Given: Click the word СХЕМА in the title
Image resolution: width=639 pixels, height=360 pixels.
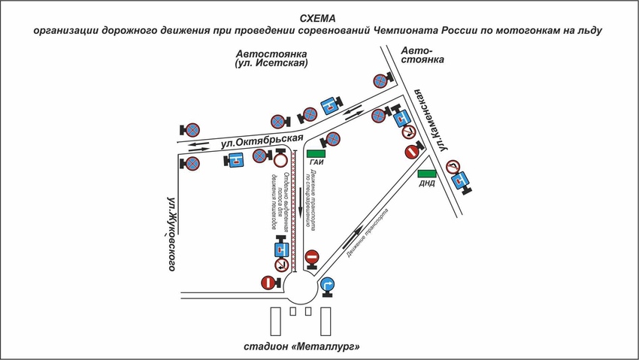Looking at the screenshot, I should pyautogui.click(x=319, y=17).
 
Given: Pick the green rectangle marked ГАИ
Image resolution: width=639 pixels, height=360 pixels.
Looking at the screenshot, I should pyautogui.click(x=316, y=153).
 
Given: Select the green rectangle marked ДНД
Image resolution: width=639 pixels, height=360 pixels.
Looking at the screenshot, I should pyautogui.click(x=425, y=174).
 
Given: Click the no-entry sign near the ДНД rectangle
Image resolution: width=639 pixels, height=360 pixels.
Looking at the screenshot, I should pyautogui.click(x=412, y=151).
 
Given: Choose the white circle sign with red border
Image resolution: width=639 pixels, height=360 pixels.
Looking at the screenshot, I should pyautogui.click(x=280, y=160).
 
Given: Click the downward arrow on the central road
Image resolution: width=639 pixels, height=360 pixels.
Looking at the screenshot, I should pyautogui.click(x=300, y=198).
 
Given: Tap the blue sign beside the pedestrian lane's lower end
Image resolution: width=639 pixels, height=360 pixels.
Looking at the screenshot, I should pyautogui.click(x=280, y=249).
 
